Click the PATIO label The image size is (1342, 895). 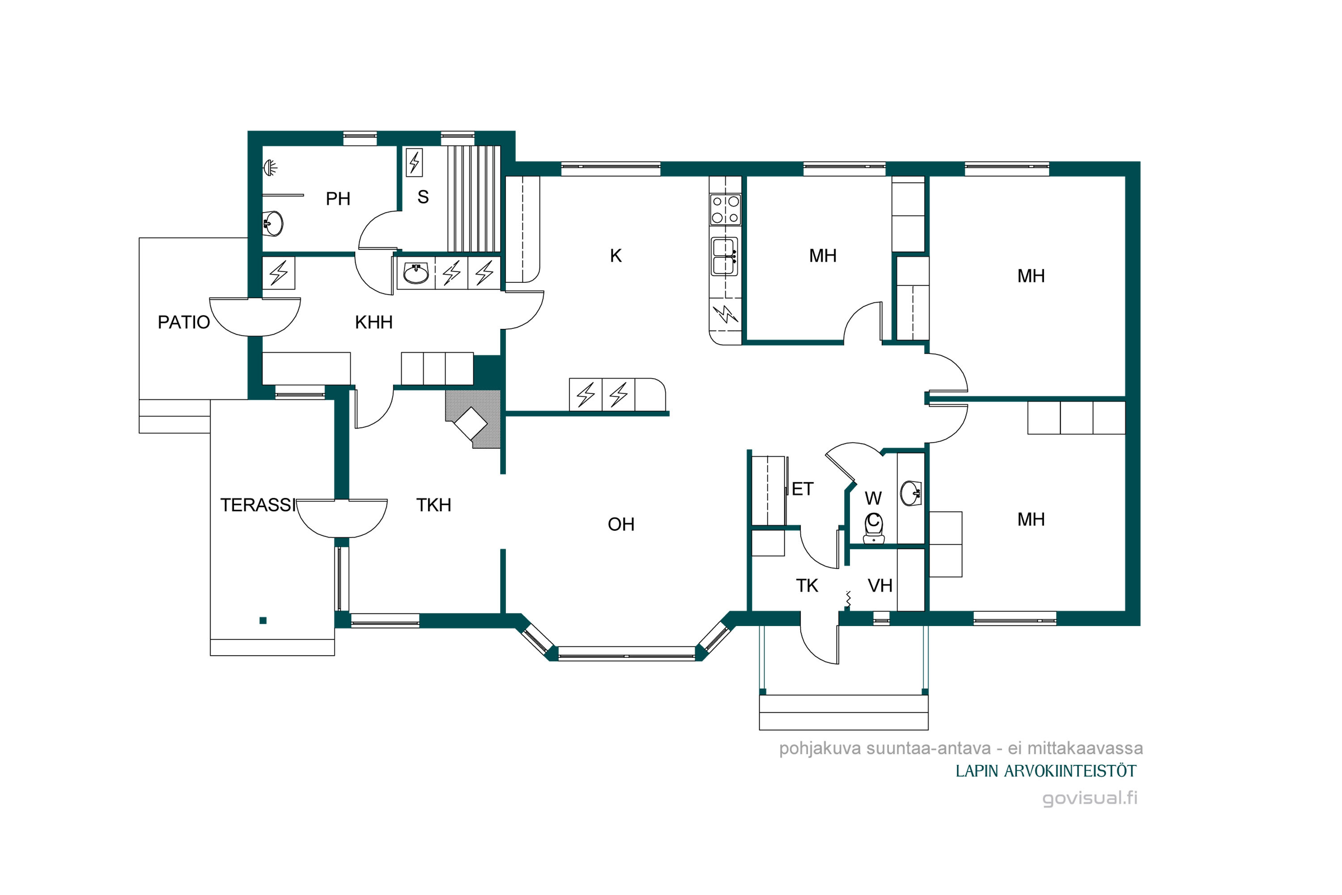(x=184, y=323)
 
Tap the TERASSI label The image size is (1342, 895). (x=258, y=505)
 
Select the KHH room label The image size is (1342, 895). (x=374, y=323)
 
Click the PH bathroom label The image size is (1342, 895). (x=338, y=199)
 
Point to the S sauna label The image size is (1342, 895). (x=423, y=197)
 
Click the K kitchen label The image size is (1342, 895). (x=616, y=256)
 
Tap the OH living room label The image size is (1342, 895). (x=621, y=524)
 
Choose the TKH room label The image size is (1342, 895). (x=433, y=505)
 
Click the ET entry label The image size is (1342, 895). (x=802, y=489)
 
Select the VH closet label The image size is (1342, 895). (x=880, y=586)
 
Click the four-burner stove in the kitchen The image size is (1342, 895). (x=725, y=209)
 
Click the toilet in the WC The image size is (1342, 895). (x=874, y=528)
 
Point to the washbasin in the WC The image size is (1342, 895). (x=911, y=494)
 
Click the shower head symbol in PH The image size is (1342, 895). (x=270, y=168)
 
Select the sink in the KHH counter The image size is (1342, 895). (x=416, y=273)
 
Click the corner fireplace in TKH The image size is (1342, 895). (x=473, y=419)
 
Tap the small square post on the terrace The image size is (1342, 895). (x=263, y=620)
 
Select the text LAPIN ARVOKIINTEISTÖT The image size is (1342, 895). (x=1046, y=771)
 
